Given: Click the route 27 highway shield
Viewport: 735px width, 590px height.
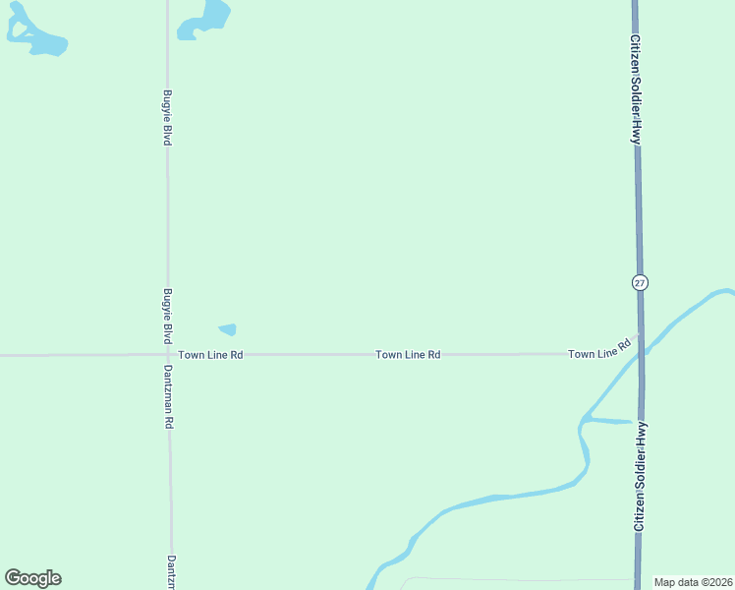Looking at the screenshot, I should (x=640, y=282).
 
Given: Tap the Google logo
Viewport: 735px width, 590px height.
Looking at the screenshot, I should (x=32, y=578).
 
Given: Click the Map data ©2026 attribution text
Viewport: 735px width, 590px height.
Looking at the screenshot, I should (x=693, y=582).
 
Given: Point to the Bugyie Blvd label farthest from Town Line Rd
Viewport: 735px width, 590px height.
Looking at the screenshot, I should (x=168, y=119).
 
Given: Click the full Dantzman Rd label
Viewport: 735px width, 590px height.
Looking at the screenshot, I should (x=169, y=396).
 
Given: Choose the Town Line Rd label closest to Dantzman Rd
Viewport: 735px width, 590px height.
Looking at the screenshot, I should (x=210, y=354).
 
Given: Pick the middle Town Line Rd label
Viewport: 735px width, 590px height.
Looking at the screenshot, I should (x=408, y=354).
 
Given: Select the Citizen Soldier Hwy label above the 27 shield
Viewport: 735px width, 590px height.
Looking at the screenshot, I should (x=637, y=90).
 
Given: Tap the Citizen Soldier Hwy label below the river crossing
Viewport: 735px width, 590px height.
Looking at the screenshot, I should (x=640, y=477).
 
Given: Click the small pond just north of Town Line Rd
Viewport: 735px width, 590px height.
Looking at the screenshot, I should (x=227, y=329).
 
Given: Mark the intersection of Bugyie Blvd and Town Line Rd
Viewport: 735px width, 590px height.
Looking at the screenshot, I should (x=168, y=354).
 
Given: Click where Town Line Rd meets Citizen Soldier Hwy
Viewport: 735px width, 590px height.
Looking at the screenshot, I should (x=639, y=336).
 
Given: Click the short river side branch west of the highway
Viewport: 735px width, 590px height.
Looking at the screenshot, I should (x=607, y=421).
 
